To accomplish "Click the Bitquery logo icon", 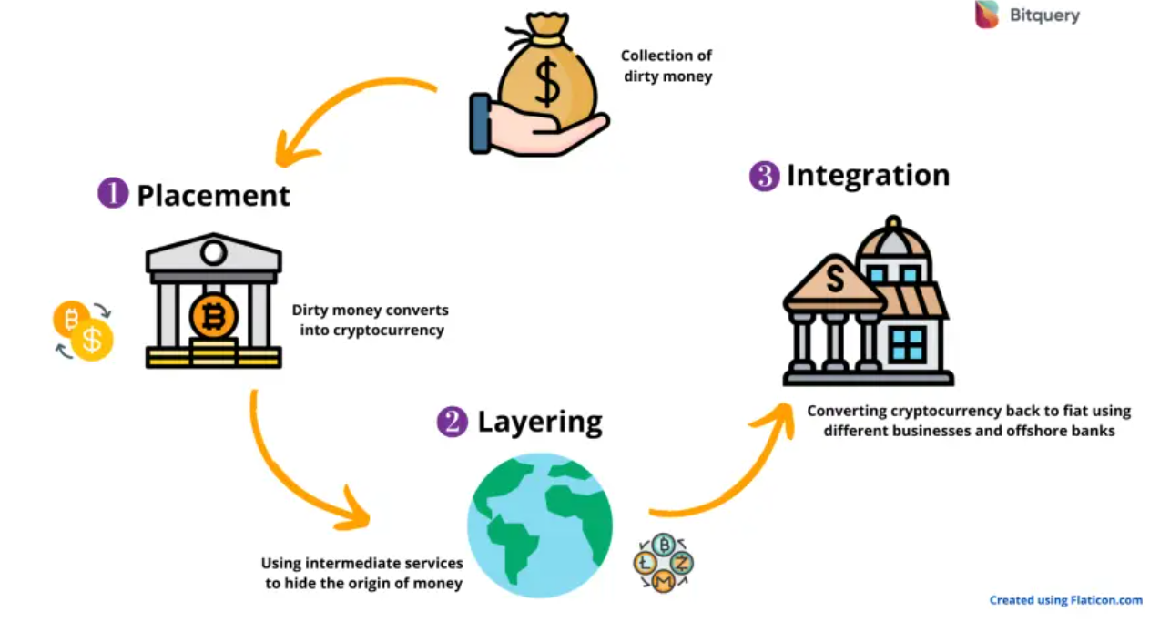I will click(x=987, y=15).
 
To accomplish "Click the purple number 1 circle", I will click(x=113, y=194).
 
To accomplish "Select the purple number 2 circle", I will click(x=452, y=422).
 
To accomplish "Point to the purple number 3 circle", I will click(x=764, y=176).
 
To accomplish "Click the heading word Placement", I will click(x=214, y=195).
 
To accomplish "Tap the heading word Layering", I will click(x=540, y=422).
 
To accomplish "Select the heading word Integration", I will click(x=868, y=175).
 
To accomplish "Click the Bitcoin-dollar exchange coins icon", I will click(x=83, y=330).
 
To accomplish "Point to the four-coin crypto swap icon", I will click(x=664, y=563).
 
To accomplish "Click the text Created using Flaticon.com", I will click(x=1065, y=600).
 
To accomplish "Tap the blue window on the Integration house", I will click(x=907, y=344).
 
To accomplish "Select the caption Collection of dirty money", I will click(x=666, y=66).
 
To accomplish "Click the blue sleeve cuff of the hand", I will click(x=479, y=123).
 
